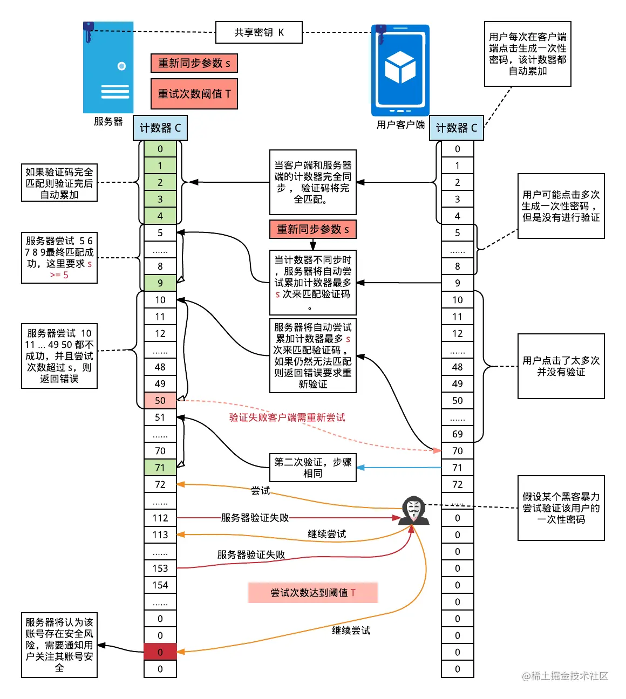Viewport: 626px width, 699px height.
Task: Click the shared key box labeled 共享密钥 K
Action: coord(258,32)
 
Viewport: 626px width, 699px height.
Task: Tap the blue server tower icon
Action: coord(108,67)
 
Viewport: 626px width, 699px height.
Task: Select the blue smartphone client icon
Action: coord(400,70)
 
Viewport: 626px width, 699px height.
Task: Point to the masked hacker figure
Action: coord(413,510)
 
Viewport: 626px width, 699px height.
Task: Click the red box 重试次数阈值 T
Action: coord(194,94)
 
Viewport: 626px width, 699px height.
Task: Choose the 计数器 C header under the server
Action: coord(160,128)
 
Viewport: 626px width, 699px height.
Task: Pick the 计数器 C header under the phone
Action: coord(457,128)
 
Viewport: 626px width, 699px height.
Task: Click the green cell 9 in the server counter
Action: coord(160,283)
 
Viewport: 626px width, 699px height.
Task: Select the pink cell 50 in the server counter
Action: coord(160,400)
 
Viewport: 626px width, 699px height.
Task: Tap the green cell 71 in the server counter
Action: coord(160,467)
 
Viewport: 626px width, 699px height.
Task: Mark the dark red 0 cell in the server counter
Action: coord(160,652)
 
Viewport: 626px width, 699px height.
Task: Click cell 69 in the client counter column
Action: coord(458,434)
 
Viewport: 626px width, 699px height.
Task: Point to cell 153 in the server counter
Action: coord(160,568)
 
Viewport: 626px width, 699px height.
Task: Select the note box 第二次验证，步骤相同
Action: coord(312,468)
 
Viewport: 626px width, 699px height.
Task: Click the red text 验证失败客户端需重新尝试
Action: coord(287,417)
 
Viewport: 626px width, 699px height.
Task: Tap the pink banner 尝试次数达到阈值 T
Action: coord(312,593)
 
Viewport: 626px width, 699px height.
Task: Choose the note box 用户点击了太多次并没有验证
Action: coord(561,366)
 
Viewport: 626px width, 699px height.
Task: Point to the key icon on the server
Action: coord(89,32)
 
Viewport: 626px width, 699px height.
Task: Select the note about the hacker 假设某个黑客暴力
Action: coord(561,508)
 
